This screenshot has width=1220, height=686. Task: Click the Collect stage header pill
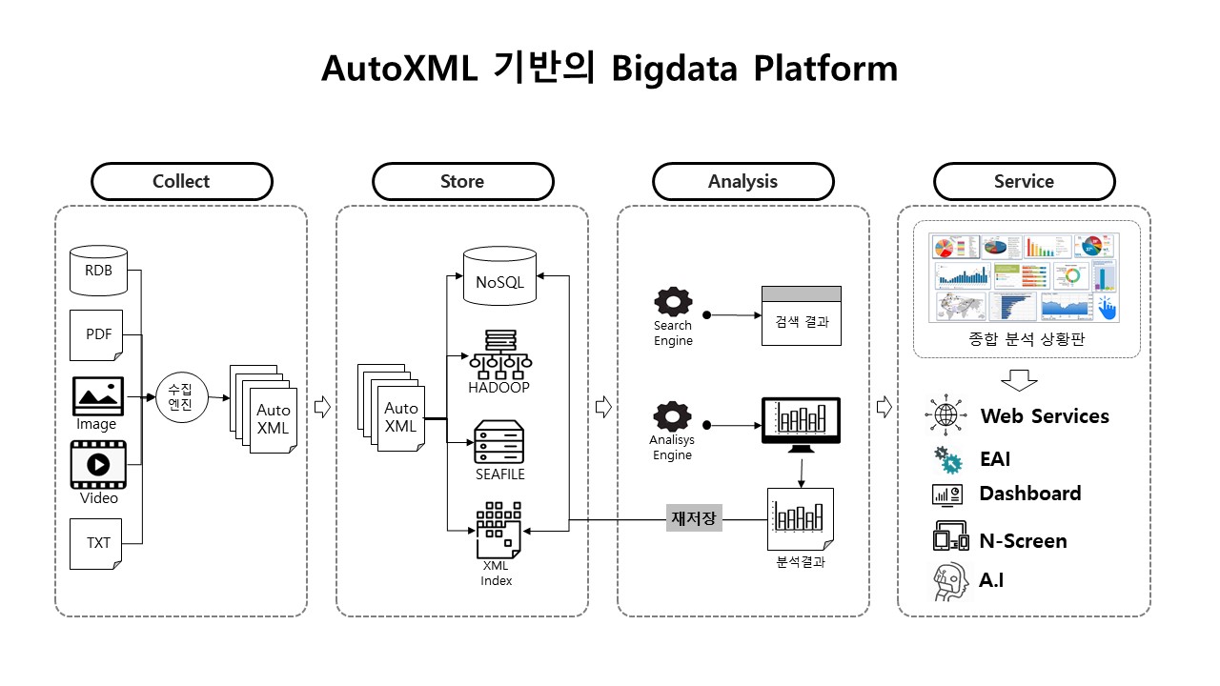[x=181, y=181]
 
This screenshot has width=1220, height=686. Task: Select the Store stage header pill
[x=462, y=181]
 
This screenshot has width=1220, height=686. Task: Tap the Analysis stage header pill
[x=742, y=181]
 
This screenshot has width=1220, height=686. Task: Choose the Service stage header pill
[x=1024, y=181]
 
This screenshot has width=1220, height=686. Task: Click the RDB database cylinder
[x=98, y=270]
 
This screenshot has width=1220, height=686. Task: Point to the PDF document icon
[x=98, y=335]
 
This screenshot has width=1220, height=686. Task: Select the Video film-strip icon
[x=98, y=464]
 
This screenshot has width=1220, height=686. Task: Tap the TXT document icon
[x=98, y=543]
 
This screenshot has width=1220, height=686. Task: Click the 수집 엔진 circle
[x=180, y=396]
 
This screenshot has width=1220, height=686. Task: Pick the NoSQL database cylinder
[x=499, y=276]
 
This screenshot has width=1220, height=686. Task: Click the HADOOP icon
[x=498, y=353]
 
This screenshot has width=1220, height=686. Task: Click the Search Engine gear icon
[x=673, y=303]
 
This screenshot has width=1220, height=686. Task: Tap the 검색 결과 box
[x=802, y=316]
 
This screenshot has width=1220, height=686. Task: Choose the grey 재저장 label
[x=694, y=519]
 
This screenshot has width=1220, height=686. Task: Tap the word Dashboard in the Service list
[x=1029, y=494]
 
